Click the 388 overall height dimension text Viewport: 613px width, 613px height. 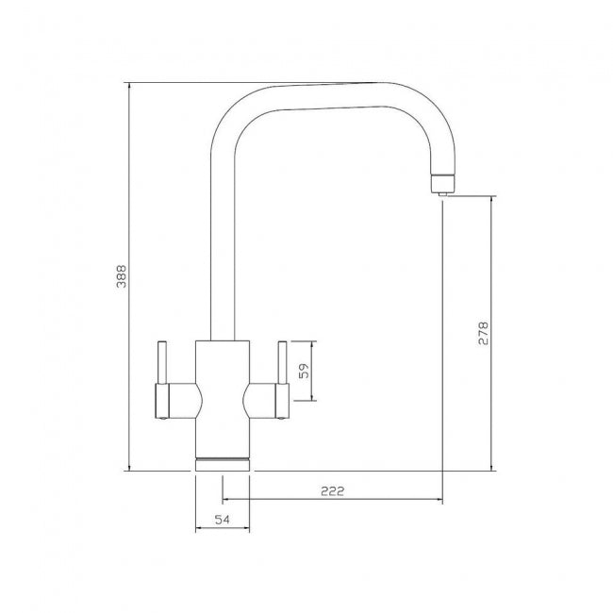[121, 276]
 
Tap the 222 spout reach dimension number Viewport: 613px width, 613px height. [331, 490]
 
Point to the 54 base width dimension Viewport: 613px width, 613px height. [223, 520]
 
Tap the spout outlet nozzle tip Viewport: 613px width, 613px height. [441, 188]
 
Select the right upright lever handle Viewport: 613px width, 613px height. [280, 363]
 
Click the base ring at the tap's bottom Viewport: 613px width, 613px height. [223, 462]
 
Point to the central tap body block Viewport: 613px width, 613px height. [223, 396]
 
